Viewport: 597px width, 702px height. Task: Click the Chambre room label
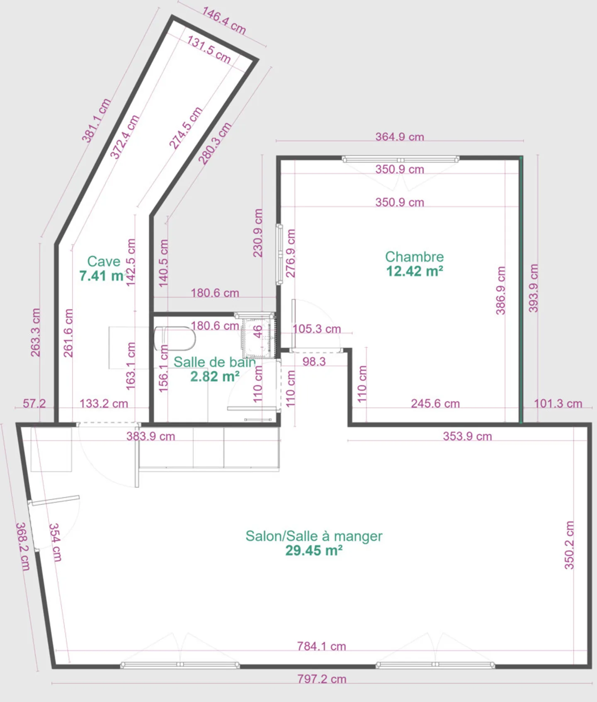pos(414,257)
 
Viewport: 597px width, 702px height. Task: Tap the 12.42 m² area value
pos(415,271)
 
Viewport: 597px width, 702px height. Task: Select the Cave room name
pos(104,261)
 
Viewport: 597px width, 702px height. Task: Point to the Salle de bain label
pos(214,362)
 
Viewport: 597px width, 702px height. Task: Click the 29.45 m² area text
pos(314,551)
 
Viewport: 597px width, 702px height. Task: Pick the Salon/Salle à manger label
pos(314,536)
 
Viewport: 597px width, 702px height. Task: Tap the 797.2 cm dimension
pos(322,679)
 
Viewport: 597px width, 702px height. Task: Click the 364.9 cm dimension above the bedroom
pos(400,136)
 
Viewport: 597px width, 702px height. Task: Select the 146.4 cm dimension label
pos(224,20)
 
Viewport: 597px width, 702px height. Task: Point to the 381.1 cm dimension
pos(96,120)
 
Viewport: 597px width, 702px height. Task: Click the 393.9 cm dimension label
pos(534,288)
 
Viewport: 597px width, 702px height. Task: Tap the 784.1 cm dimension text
pos(321,646)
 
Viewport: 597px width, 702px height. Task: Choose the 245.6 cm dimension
pos(435,403)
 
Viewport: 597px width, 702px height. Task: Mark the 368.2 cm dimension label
pos(22,547)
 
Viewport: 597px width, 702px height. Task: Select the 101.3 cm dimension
pos(558,403)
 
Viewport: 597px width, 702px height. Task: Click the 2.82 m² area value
pos(215,377)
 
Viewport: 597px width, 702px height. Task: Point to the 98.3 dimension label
pos(314,362)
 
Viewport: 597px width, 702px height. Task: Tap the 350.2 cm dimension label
pos(570,545)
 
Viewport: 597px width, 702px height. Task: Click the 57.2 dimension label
pos(34,403)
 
